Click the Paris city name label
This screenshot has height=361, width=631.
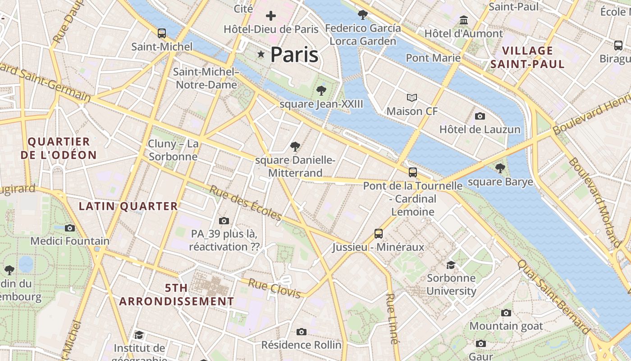294,55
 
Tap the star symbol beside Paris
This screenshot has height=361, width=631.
261,54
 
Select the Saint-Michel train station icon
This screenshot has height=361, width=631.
162,33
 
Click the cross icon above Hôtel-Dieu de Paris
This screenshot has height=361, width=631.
271,16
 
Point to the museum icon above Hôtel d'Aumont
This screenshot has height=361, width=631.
464,20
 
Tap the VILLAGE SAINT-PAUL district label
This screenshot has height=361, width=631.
527,57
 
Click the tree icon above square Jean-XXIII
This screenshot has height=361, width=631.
321,90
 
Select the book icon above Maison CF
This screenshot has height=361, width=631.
412,97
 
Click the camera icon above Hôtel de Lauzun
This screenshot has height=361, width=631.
480,116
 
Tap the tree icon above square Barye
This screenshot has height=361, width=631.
500,168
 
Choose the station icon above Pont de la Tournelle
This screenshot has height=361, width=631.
412,172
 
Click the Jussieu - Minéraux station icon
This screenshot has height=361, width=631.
379,234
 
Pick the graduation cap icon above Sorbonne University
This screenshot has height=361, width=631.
451,264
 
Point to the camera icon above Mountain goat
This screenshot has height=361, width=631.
506,313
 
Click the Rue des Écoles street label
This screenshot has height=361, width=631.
246,203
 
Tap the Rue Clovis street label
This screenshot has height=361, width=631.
274,288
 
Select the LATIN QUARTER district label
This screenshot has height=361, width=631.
128,206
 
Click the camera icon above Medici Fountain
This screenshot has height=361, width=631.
70,228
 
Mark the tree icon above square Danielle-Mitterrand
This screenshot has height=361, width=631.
295,146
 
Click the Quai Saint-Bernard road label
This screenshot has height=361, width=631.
553,296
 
